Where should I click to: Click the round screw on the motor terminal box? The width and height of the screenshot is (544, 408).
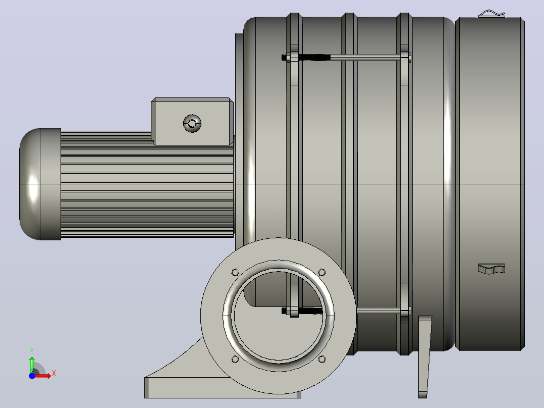coord(192,123)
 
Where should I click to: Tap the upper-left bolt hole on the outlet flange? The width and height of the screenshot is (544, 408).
coord(235,272)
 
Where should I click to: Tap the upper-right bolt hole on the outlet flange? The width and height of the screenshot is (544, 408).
coord(322,272)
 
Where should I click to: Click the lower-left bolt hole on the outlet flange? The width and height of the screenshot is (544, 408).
coord(235,359)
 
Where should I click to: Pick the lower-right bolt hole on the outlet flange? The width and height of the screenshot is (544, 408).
coord(322,359)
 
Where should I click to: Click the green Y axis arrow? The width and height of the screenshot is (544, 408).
coord(32,365)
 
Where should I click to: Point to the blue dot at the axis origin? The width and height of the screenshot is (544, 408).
coord(32,376)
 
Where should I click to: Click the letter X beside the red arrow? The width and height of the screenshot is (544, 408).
coord(54,374)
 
